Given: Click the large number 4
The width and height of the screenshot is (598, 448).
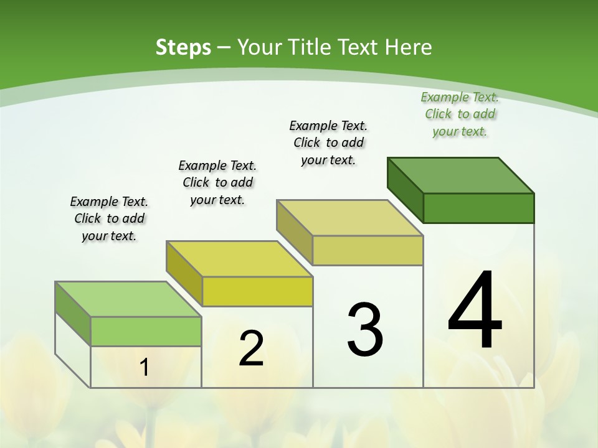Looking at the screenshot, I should [x=475, y=310].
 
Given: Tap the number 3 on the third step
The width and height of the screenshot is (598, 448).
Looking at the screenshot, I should [x=365, y=330].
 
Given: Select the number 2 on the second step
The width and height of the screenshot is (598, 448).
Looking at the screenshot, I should [x=251, y=348].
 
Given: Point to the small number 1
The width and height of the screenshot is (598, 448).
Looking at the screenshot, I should [x=144, y=368].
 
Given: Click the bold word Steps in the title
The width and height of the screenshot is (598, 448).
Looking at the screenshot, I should [x=183, y=47].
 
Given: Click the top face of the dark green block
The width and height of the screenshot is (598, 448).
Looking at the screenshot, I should [x=461, y=175].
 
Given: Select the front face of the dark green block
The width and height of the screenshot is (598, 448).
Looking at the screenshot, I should [x=478, y=208].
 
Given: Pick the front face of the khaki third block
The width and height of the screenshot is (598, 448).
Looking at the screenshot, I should [x=368, y=251].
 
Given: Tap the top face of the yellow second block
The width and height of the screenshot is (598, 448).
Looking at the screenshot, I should [x=239, y=259].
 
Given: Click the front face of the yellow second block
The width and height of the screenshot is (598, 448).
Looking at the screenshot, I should [x=257, y=291].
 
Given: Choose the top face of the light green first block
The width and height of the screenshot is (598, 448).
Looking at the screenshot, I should [x=128, y=299].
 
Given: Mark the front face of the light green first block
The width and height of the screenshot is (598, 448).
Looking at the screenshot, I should [x=146, y=331].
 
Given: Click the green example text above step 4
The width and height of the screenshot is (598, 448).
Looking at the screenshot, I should [x=460, y=114].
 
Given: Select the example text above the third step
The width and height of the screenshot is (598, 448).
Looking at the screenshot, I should [x=328, y=142].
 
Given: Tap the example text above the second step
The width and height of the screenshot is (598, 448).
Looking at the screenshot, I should [x=217, y=182].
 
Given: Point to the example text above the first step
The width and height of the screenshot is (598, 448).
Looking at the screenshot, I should [x=109, y=218].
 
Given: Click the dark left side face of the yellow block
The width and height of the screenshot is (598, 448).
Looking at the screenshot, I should [x=184, y=273].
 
